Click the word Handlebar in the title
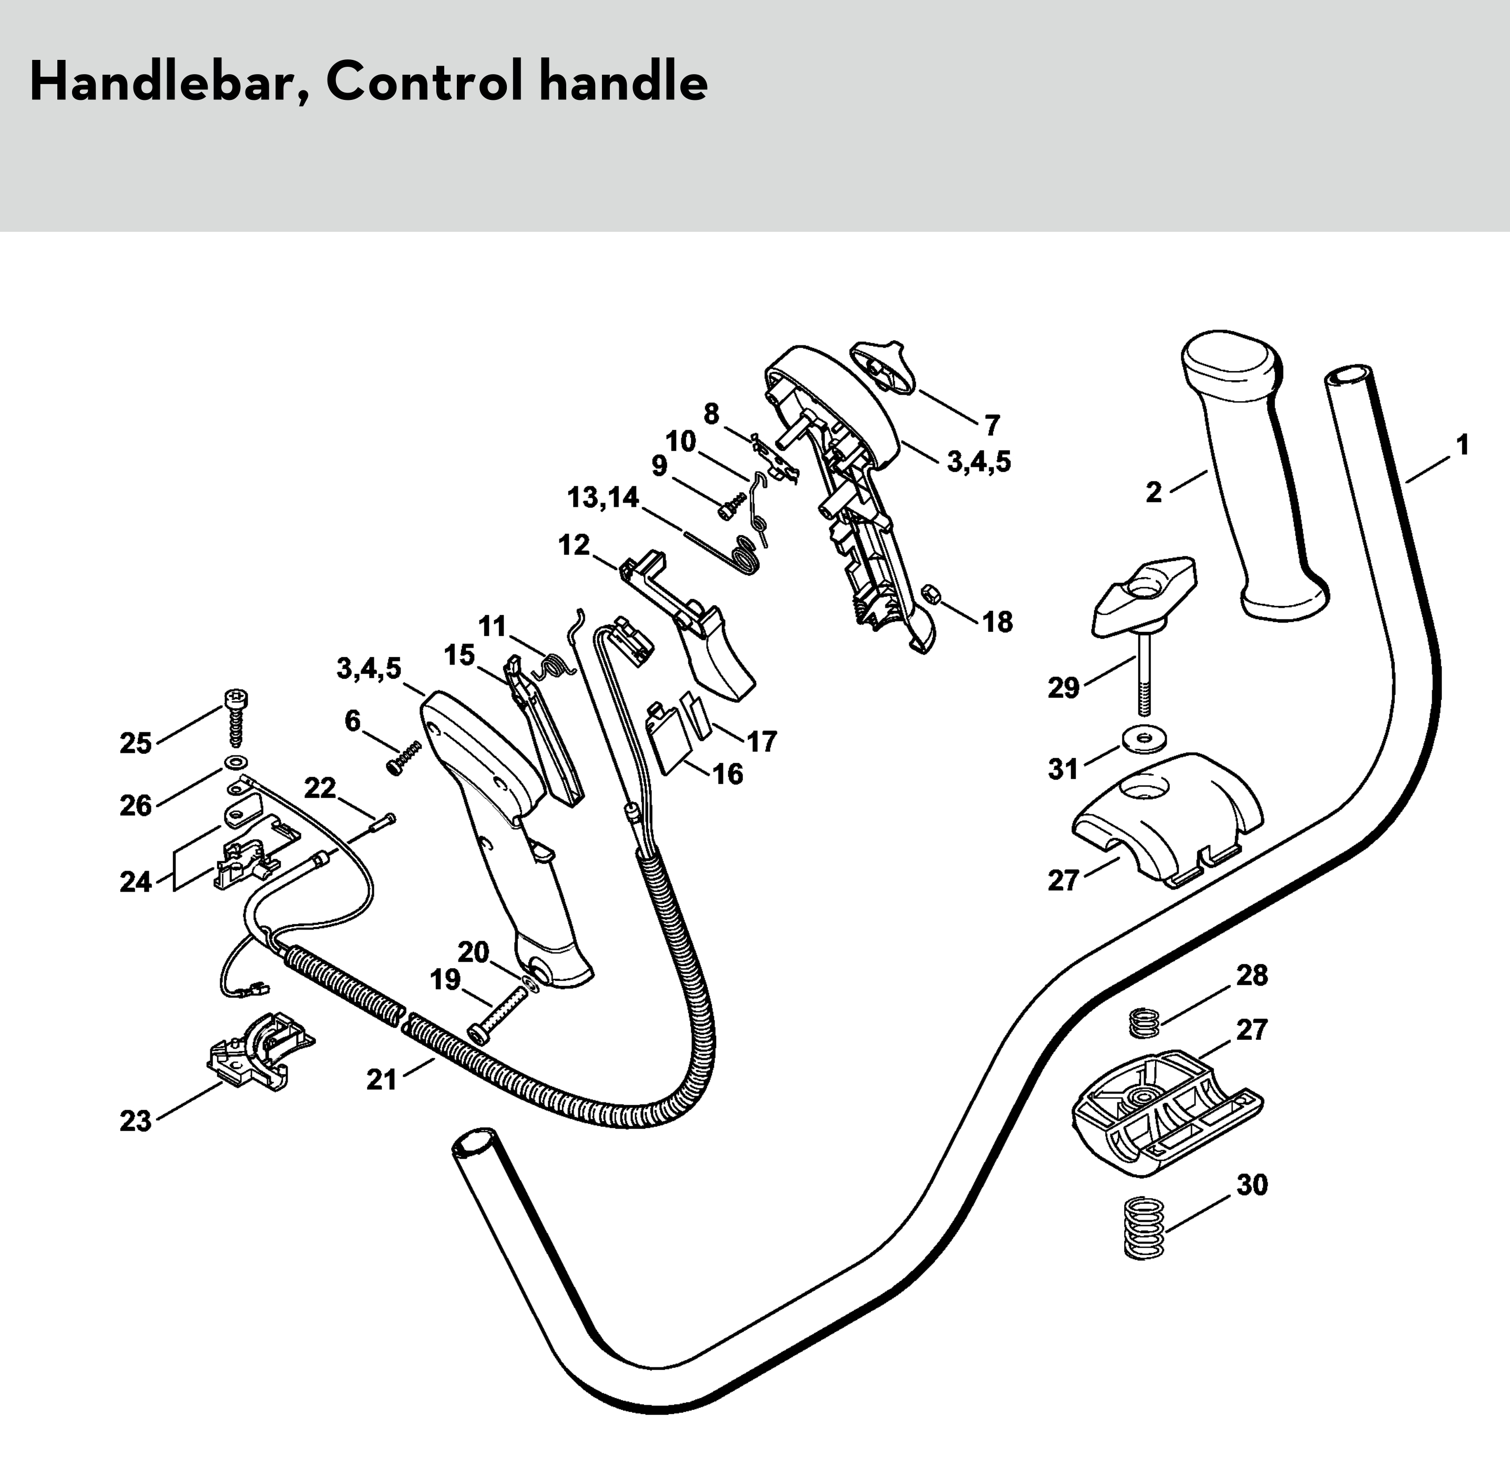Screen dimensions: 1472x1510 coord(162,83)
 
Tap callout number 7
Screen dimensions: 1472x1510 coord(992,425)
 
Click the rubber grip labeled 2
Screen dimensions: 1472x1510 coord(1252,479)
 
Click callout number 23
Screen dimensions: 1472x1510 coord(135,1121)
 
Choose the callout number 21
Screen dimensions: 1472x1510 coord(381,1079)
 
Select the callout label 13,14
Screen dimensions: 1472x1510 coord(603,498)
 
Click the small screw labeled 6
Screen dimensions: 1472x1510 coord(404,758)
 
